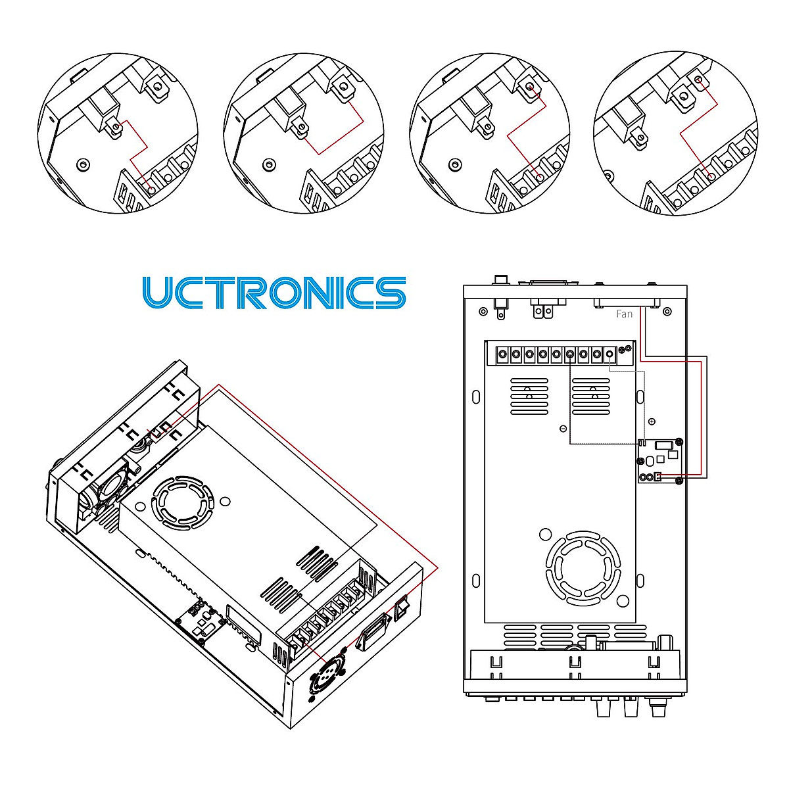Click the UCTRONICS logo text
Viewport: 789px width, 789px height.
[x=274, y=293]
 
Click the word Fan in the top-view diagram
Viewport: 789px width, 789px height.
[x=624, y=314]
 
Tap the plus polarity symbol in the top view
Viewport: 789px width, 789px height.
[x=652, y=421]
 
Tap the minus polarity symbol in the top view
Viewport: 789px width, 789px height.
[x=563, y=429]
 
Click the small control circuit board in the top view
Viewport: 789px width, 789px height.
[x=659, y=461]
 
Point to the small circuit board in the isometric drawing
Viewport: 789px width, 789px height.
[x=199, y=618]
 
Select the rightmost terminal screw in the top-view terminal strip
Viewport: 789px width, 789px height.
[x=610, y=354]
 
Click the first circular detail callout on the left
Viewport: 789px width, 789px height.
[x=118, y=133]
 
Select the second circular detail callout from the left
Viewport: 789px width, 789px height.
[x=304, y=133]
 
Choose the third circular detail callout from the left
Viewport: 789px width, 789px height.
[x=490, y=133]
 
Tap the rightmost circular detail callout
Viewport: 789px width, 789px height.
[x=675, y=133]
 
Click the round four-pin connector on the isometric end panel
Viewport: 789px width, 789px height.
[x=328, y=672]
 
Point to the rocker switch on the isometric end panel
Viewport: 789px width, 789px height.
[x=402, y=606]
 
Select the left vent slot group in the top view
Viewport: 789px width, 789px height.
[x=529, y=397]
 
